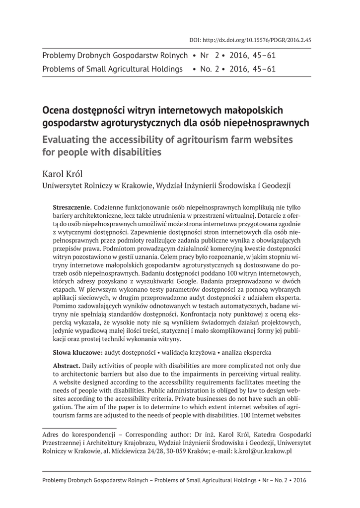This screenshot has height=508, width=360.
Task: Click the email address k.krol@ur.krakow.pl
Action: point(263,451)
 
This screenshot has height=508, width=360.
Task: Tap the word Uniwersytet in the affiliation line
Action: point(62,187)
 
